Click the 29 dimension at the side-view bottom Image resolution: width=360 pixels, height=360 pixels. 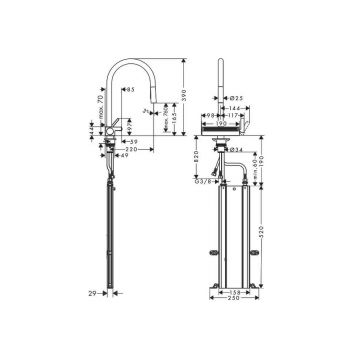(x=91, y=294)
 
